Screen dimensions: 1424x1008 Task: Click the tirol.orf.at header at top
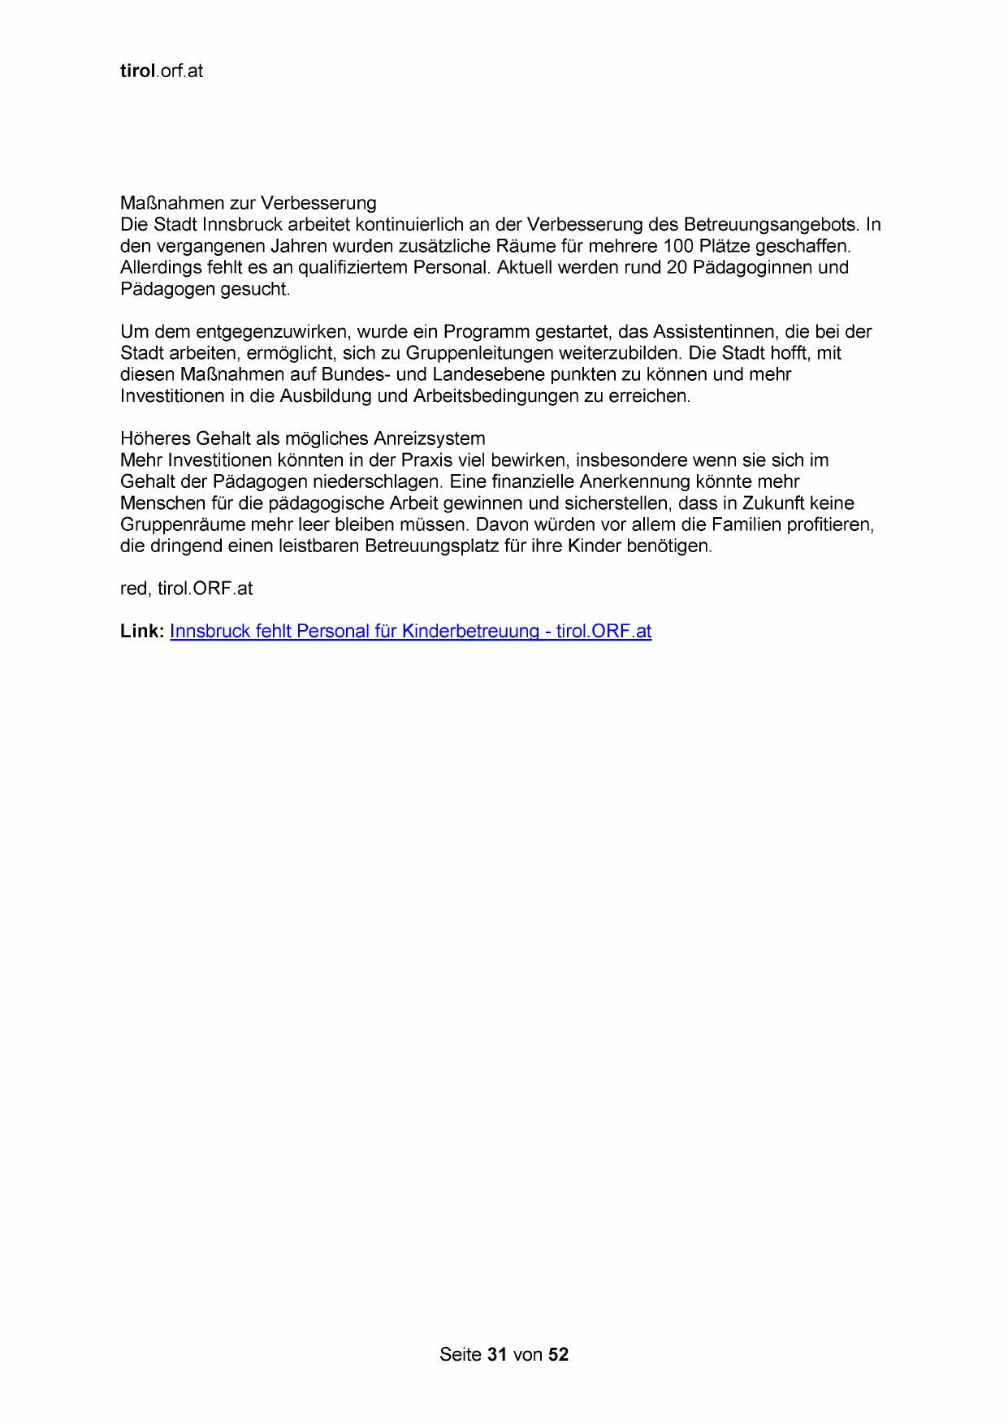(161, 71)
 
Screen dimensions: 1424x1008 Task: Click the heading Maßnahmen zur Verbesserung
(248, 203)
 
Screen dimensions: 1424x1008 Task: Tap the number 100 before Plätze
(677, 246)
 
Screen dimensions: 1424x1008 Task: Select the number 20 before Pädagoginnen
(677, 267)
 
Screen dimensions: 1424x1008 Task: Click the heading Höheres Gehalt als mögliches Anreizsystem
(302, 439)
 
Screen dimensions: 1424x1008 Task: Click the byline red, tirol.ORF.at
(186, 589)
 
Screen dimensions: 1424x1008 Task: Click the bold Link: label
(142, 632)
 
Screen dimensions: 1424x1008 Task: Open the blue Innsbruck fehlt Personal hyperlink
(410, 632)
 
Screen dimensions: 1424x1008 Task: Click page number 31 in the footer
(497, 1354)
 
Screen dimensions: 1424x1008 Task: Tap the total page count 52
(558, 1354)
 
